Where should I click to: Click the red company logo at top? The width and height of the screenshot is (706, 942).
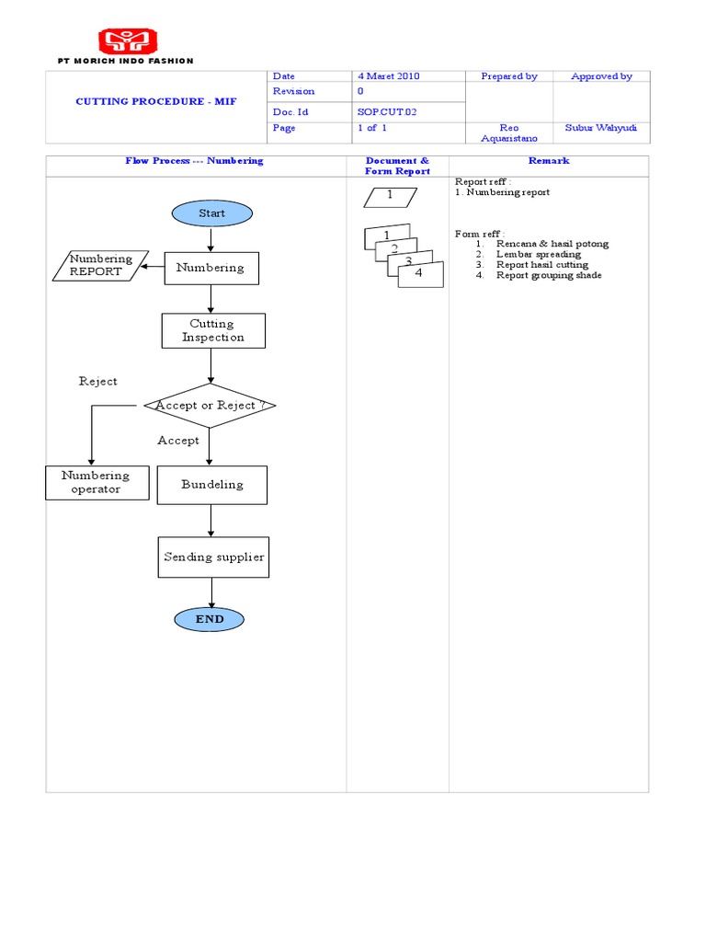128,40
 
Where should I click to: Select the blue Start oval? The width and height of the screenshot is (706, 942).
211,213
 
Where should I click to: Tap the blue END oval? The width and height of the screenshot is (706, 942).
211,620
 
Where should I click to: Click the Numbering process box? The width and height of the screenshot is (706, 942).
211,268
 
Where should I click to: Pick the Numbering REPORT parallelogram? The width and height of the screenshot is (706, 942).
100,266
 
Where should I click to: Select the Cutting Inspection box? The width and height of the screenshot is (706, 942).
213,330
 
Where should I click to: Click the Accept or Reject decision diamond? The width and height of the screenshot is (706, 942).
211,406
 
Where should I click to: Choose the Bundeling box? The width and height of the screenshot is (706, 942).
212,485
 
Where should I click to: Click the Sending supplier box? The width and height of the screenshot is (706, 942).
213,557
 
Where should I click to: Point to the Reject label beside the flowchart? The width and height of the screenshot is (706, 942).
98,382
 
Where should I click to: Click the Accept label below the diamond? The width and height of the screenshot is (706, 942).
178,441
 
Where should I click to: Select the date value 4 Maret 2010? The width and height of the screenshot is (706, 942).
388,76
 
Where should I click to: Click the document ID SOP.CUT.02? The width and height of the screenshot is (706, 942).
387,111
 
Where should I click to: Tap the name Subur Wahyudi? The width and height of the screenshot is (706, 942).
601,128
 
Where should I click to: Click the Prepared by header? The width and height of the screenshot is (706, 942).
509,76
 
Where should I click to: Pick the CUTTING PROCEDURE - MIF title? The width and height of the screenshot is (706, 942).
155,101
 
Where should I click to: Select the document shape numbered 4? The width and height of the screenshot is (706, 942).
421,275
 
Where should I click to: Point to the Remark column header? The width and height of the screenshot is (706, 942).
548,161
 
